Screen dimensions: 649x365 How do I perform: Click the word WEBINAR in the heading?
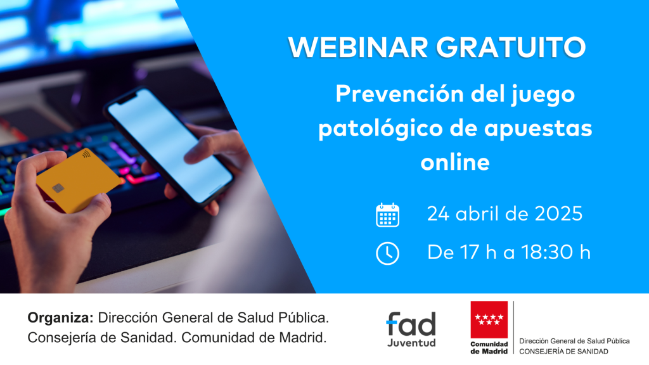coord(358,47)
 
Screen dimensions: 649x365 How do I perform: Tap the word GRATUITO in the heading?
coord(511,47)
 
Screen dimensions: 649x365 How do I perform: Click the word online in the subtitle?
coord(455,162)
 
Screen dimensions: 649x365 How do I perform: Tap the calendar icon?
coord(387,215)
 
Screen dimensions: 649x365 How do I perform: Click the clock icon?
coord(387,253)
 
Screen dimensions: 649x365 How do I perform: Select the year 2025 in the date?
coord(559,214)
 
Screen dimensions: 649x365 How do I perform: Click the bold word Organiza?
coord(60,318)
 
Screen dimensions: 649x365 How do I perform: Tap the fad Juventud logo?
coord(411,329)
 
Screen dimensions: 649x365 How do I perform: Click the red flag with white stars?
coord(489,320)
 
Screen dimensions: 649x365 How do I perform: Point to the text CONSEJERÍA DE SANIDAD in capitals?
coord(563,351)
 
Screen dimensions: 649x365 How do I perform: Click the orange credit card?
coord(78,181)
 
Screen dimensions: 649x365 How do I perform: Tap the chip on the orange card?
coord(58,188)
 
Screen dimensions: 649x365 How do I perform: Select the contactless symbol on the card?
coord(86,155)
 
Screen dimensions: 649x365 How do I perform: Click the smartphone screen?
coord(170,144)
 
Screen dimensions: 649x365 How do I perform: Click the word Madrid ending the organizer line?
coord(302,338)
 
